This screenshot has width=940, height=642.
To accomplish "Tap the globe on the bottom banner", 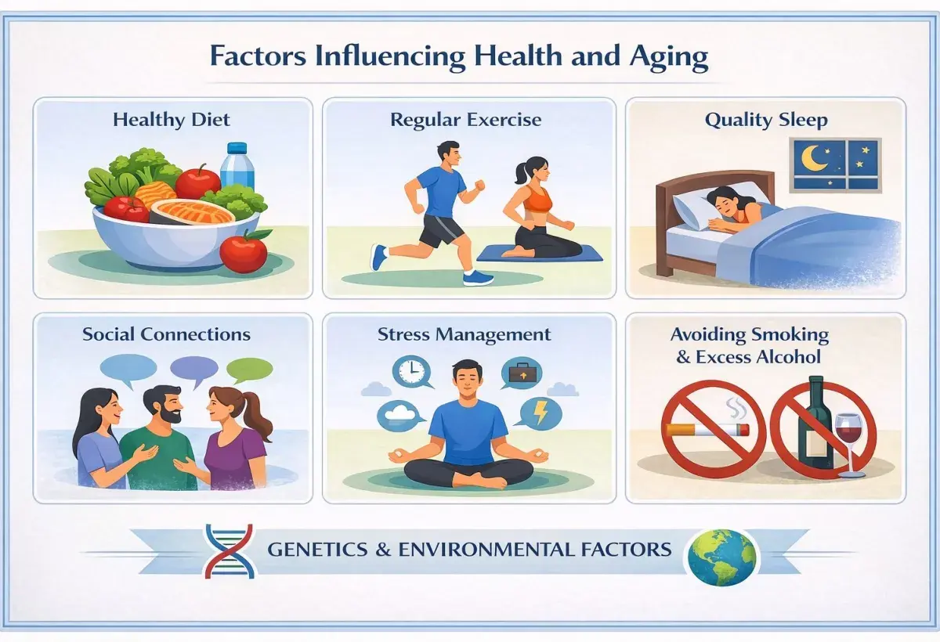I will [721, 556].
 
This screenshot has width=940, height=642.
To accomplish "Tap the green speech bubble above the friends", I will [249, 370].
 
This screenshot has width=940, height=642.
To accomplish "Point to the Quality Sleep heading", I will [765, 121].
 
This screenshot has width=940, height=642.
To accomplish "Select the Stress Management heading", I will [464, 335].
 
